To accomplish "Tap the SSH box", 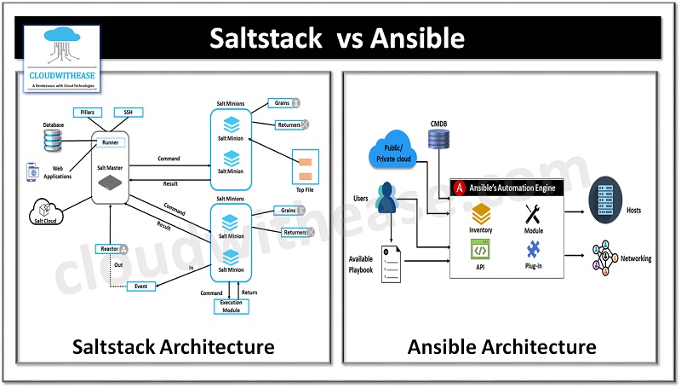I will pos(129,112).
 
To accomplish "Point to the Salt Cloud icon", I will pos(44,210).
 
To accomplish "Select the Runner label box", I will pos(109,142).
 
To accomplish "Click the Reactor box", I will pos(112,249).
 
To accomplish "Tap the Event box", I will pos(141,287).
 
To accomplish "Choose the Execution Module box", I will pos(232,306).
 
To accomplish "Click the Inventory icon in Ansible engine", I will pos(481,212).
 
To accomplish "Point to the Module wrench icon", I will pos(535,213).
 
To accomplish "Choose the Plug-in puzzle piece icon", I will pos(534,251).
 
